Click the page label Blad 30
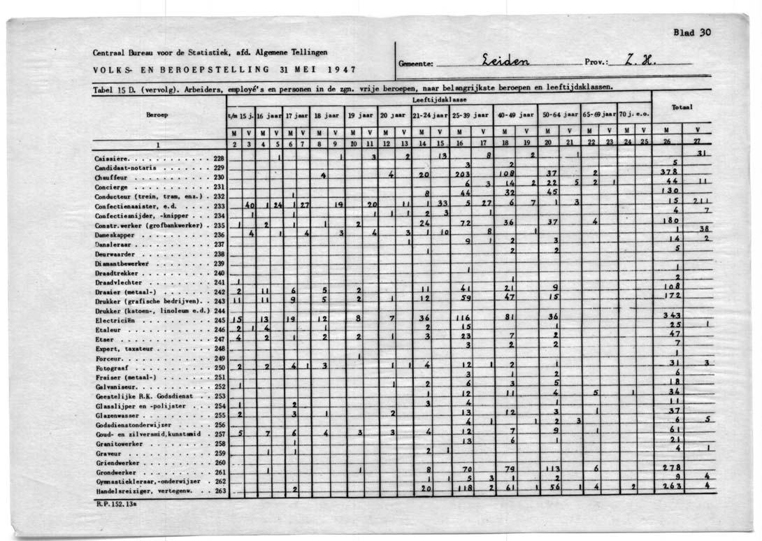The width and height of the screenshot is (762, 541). click(691, 32)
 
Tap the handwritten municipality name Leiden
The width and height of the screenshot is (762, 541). click(505, 61)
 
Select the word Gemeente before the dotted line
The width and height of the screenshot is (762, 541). click(415, 63)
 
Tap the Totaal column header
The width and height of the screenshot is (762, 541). click(681, 108)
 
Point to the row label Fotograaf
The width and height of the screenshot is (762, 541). click(112, 367)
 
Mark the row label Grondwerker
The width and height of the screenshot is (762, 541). click(115, 472)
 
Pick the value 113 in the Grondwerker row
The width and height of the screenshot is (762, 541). click(553, 469)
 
